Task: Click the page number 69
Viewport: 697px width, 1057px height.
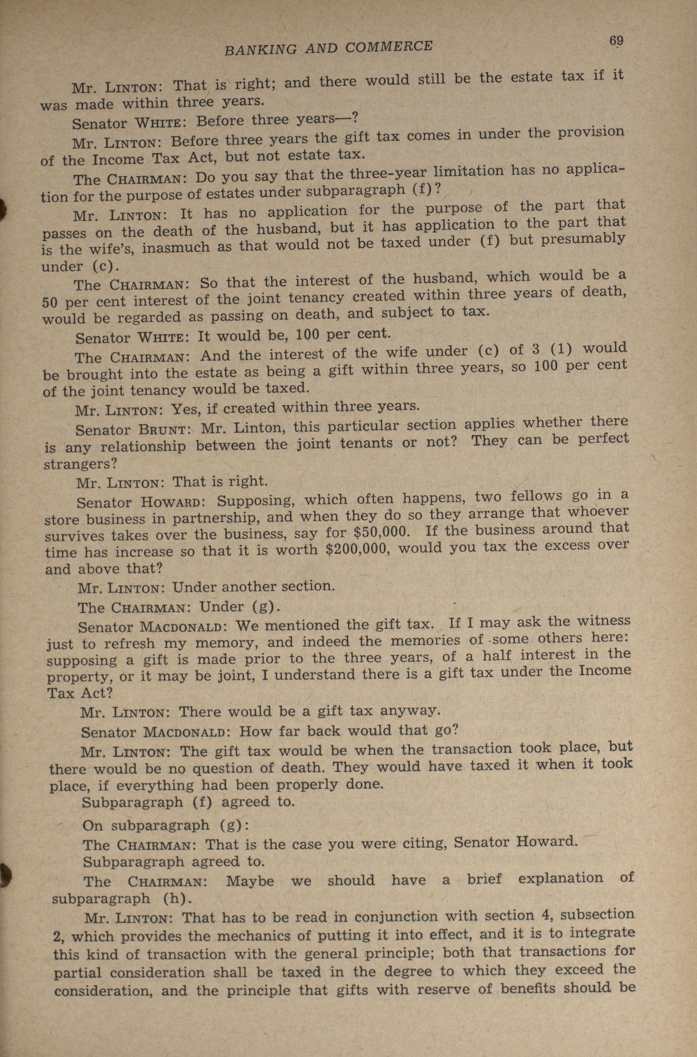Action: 616,41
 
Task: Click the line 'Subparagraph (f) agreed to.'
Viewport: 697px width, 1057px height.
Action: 188,803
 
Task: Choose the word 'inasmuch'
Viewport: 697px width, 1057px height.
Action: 187,247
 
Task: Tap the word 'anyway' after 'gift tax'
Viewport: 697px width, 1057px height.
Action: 409,711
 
